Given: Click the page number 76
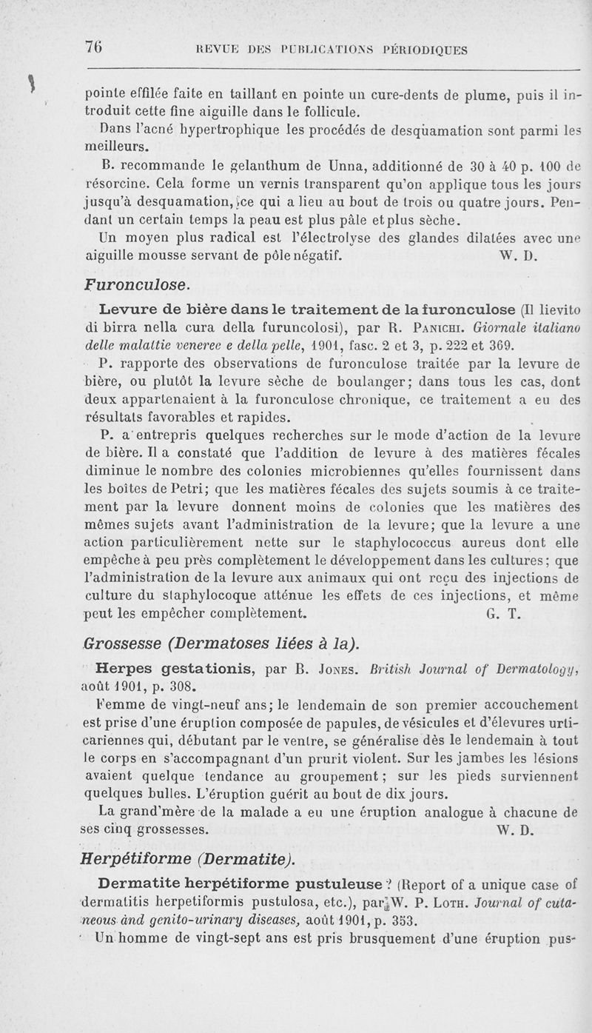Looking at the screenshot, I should [x=93, y=47].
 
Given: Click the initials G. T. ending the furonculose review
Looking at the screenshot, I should [x=501, y=614].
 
